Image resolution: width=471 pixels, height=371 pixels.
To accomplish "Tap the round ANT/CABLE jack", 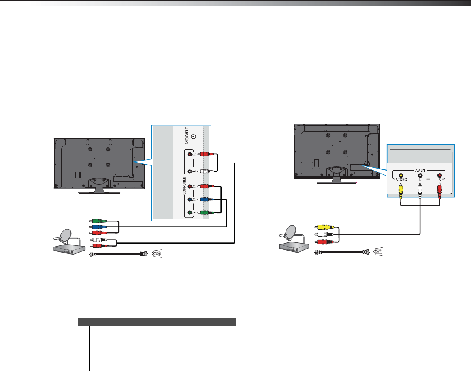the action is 193,137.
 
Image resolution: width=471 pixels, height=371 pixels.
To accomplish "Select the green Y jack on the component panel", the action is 190,213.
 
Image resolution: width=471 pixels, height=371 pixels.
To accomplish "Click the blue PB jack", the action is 190,200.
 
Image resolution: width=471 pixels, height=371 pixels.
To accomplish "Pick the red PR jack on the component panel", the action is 190,186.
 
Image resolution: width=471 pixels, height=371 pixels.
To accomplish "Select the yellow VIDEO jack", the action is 401,176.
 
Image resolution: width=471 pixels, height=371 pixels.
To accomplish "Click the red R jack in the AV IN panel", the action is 439,176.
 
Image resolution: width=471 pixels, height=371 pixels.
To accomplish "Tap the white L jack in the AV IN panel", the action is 420,176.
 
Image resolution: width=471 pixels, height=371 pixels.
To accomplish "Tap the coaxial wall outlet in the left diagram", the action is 157,254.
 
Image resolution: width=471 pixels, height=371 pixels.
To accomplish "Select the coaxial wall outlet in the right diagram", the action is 379,251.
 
